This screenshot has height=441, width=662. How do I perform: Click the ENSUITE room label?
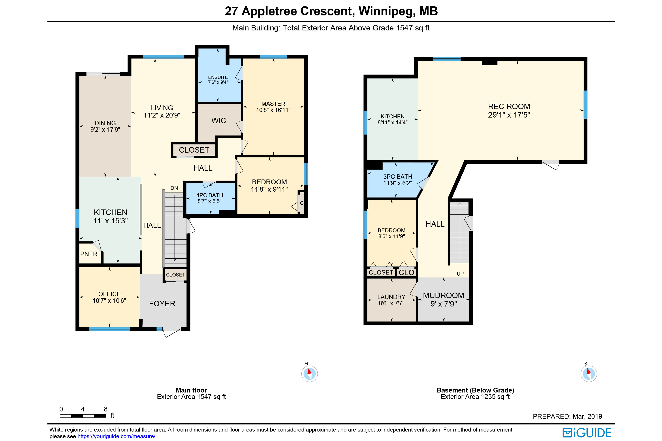[x=218, y=77]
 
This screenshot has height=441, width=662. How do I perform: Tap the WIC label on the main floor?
[x=219, y=121]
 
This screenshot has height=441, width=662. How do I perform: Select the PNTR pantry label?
[x=89, y=254]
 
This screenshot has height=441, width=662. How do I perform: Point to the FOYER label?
[x=162, y=303]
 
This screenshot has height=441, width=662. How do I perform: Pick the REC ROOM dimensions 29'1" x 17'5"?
[x=509, y=115]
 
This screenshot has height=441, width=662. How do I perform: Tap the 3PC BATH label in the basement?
[x=397, y=177]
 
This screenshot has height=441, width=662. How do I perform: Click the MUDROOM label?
[x=444, y=295]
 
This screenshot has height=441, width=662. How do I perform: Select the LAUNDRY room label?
[x=391, y=297]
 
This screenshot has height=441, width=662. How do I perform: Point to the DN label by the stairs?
[x=174, y=188]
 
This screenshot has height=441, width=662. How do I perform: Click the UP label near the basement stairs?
[x=460, y=274]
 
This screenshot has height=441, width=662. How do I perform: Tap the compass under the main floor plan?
[x=309, y=374]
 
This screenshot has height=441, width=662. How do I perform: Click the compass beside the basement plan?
[x=589, y=374]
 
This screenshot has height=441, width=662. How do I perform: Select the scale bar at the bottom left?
[x=83, y=416]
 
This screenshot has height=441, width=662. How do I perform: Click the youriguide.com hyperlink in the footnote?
[x=116, y=436]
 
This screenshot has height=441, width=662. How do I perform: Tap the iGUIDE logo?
[x=587, y=433]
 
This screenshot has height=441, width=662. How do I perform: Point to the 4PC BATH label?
[x=209, y=195]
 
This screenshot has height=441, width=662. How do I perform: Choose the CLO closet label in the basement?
[x=406, y=272]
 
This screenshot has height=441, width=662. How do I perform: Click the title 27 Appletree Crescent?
[x=288, y=11]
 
